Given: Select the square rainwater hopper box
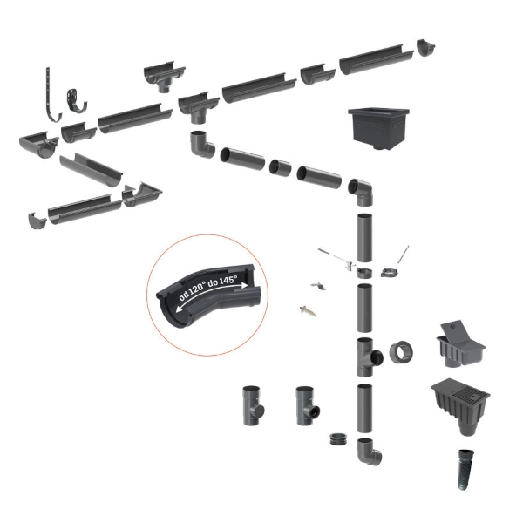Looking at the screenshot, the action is pos(378,128).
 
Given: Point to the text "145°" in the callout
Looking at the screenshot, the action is pos(228,281).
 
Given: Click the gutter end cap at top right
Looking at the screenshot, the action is pos(426,48).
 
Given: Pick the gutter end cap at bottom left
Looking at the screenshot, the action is pos(37,221).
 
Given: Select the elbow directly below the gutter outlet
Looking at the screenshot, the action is pos(202,145).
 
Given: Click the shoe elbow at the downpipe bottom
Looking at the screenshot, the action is pos(370,451).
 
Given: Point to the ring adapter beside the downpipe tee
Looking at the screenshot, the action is pos(401,352).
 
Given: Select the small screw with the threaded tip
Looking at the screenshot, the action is pos(308,311).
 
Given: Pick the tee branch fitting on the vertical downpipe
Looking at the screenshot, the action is pos(369,357).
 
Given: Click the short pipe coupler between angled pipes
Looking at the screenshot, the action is pos(280,167).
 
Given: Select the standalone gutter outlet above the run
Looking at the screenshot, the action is pos(164,77).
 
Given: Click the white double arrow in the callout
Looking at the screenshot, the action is pos(211,296).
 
